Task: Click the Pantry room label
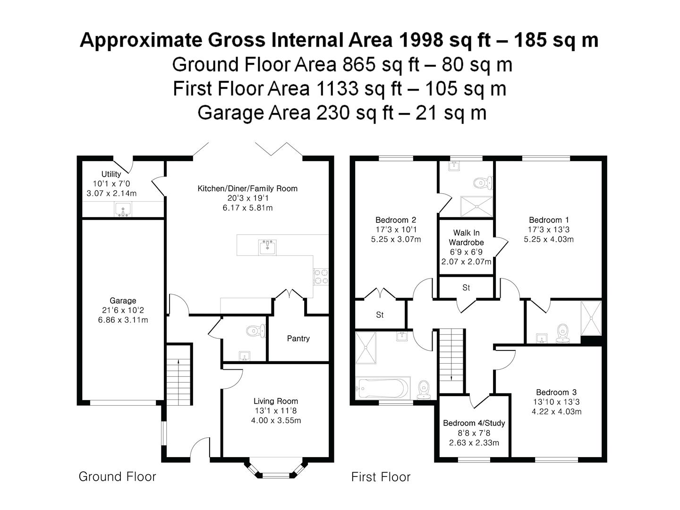pos(298,339)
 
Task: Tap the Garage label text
pos(123,301)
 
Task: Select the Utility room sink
pos(123,209)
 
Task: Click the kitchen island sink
pos(267,247)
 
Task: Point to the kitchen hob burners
pos(321,277)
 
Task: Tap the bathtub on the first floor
pos(383,388)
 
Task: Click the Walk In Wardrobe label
pos(466,238)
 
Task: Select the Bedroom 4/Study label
pos(474,423)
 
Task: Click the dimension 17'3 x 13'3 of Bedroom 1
pos(549,229)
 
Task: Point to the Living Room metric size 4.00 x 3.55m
pos(276,420)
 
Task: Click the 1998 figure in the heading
pos(421,40)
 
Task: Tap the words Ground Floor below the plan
pos(118,476)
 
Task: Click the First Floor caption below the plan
pos(381,477)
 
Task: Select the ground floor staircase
pos(179,374)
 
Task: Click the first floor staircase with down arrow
pos(451,361)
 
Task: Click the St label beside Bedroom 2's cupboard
pos(380,315)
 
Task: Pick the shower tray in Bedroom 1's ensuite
pos(591,318)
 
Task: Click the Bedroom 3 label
pos(556,392)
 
